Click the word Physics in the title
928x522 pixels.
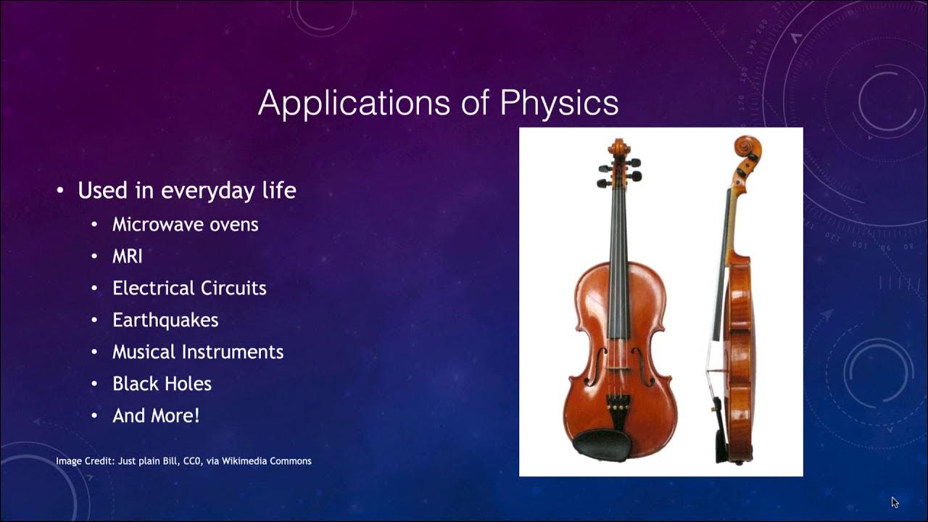point(559,103)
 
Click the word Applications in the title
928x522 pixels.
point(355,103)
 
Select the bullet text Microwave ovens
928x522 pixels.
point(185,224)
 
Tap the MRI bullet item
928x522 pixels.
point(127,256)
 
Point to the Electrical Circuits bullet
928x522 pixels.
point(189,288)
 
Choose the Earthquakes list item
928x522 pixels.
point(165,320)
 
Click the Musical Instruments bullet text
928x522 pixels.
point(197,352)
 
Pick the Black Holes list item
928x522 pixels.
point(162,384)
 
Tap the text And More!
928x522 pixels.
point(155,415)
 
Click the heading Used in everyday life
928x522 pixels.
point(186,191)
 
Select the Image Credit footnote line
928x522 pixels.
point(183,460)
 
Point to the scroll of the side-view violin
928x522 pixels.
point(744,148)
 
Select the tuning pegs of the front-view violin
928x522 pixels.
point(618,171)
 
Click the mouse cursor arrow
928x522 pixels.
point(895,502)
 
